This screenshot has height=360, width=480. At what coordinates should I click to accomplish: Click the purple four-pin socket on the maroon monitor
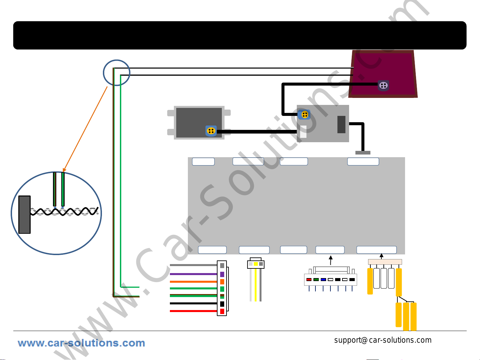tap(383, 86)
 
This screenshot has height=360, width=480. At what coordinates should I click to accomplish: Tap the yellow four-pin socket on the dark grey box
tap(211, 131)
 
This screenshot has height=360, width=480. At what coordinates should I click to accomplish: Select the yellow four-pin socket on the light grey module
tap(304, 115)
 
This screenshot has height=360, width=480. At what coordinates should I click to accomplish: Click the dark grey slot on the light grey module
tap(341, 124)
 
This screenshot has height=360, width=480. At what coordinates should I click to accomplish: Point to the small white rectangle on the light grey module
tap(303, 132)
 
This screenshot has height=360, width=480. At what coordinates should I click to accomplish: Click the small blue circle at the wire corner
tap(117, 73)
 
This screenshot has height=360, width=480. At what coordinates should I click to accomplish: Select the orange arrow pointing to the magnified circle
tap(85, 129)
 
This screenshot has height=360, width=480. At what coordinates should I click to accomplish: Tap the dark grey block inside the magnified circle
tap(25, 215)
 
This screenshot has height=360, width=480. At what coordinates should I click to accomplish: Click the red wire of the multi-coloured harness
tap(193, 311)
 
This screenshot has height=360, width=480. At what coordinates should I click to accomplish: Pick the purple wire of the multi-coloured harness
tap(193, 274)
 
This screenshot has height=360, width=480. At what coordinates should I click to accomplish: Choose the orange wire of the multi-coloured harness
tap(193, 282)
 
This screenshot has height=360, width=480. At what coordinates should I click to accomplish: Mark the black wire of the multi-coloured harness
tap(193, 303)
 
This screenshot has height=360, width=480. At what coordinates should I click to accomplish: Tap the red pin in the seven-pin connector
tap(309, 279)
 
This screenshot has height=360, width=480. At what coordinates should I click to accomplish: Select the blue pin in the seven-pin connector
tap(323, 279)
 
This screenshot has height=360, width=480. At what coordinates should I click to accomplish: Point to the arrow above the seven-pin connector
tap(331, 260)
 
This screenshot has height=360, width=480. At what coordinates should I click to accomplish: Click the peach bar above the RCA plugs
tap(385, 262)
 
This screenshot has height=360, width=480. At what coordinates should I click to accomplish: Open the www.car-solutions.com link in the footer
tap(81, 343)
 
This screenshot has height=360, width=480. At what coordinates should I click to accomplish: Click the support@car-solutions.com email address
tap(383, 340)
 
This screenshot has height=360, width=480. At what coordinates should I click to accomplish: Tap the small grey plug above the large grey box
tap(363, 153)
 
